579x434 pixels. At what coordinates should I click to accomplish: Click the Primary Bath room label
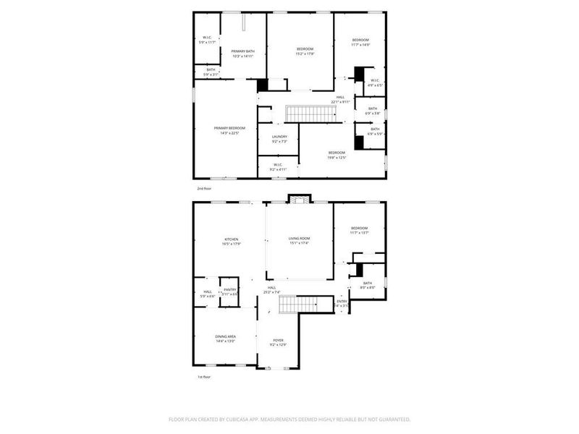point(243,51)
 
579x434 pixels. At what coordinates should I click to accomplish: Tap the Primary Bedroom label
point(224,128)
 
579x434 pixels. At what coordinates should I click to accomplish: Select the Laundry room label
point(279,136)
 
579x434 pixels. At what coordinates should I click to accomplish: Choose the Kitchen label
point(231,239)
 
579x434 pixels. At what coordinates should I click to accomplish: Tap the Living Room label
point(299,239)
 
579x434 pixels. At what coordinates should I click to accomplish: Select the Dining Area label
point(225,336)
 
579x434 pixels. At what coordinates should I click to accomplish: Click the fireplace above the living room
point(298,199)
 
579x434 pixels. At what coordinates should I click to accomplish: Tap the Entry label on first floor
point(342,302)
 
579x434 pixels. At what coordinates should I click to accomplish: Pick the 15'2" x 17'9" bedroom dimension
point(304,54)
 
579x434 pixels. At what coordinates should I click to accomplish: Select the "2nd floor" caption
point(205,188)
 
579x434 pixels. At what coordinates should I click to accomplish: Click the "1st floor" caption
point(205,378)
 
